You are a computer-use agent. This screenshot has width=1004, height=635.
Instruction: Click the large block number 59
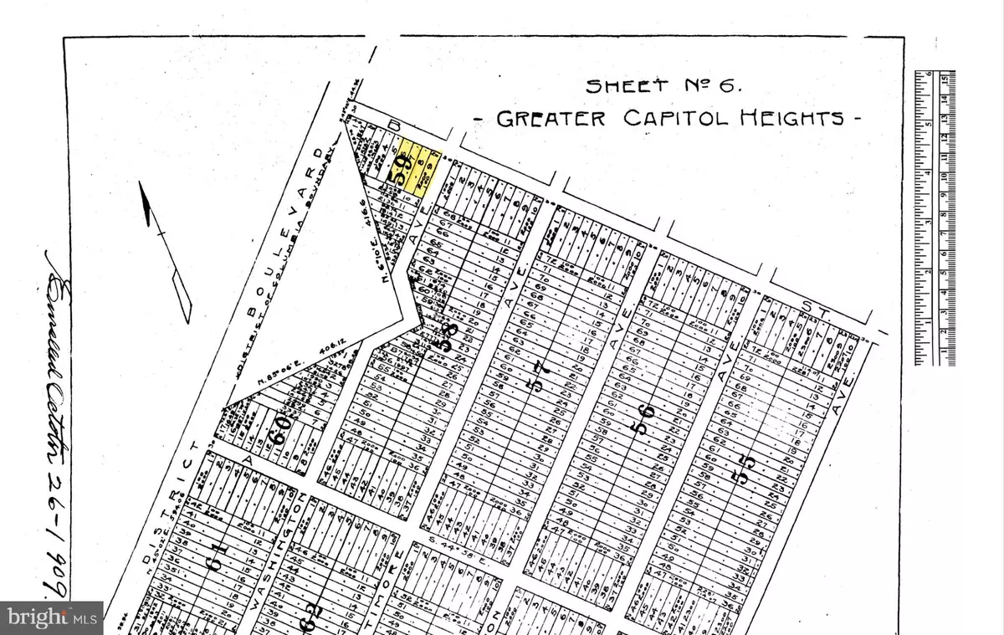(x=404, y=172)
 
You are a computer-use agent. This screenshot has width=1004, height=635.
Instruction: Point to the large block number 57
(x=540, y=387)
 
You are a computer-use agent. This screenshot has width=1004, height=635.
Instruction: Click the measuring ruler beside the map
(x=934, y=218)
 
